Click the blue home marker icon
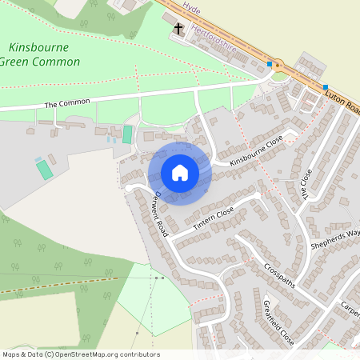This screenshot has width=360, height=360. [180, 173]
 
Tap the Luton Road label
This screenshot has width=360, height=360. [344, 102]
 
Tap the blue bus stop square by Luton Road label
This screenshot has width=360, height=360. [326, 86]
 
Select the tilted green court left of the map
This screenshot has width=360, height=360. [45, 169]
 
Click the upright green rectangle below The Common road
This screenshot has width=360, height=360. [127, 134]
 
